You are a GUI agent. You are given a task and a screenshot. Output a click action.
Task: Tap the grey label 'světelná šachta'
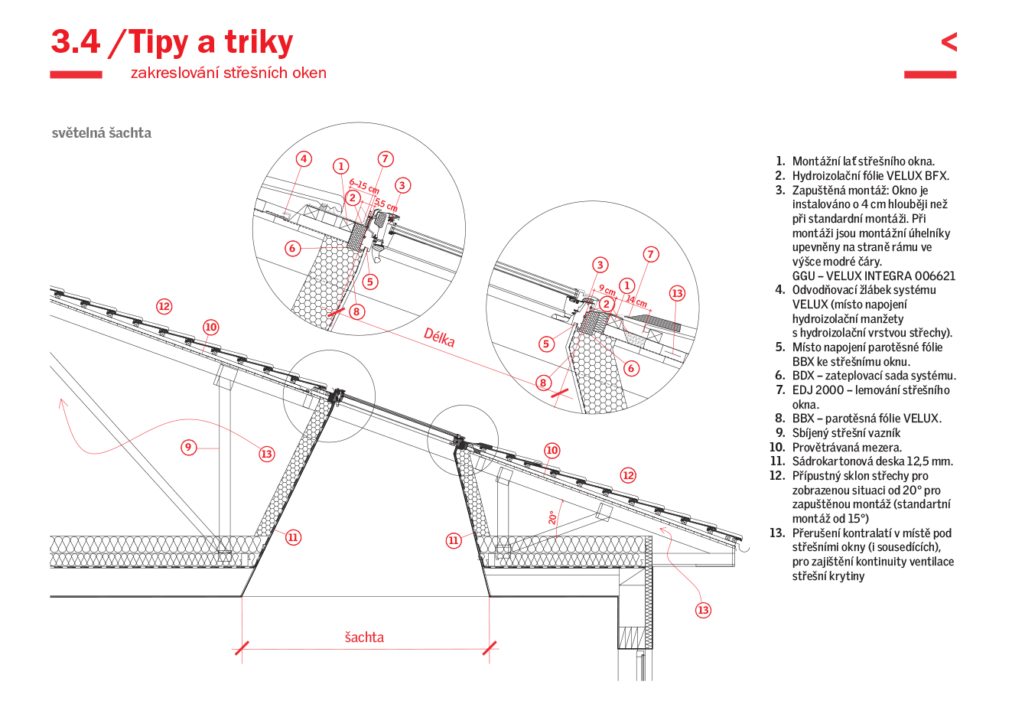[102, 133]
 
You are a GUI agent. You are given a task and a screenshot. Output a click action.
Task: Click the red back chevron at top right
[949, 41]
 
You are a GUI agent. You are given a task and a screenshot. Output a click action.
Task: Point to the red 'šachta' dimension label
[364, 637]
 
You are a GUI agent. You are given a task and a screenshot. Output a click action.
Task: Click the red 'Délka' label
[439, 337]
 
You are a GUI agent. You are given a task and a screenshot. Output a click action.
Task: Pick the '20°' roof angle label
[552, 517]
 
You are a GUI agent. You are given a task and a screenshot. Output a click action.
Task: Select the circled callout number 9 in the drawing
[189, 447]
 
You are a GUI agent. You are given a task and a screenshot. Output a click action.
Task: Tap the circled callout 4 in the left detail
[304, 159]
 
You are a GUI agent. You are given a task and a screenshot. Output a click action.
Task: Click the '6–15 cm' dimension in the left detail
[364, 186]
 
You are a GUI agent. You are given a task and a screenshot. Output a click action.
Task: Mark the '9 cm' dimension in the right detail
[607, 290]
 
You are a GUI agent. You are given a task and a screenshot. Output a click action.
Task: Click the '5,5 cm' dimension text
[386, 205]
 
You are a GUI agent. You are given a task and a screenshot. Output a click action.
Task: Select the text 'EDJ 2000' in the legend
[818, 390]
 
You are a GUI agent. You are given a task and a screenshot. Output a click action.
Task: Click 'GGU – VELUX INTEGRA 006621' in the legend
[874, 276]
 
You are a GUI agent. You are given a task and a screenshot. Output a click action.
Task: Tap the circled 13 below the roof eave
[703, 610]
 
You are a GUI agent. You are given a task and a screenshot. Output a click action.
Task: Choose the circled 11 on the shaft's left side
[293, 537]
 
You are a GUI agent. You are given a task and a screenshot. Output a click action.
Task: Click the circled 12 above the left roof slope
[164, 306]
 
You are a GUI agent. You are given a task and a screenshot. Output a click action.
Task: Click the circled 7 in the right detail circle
[650, 254]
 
